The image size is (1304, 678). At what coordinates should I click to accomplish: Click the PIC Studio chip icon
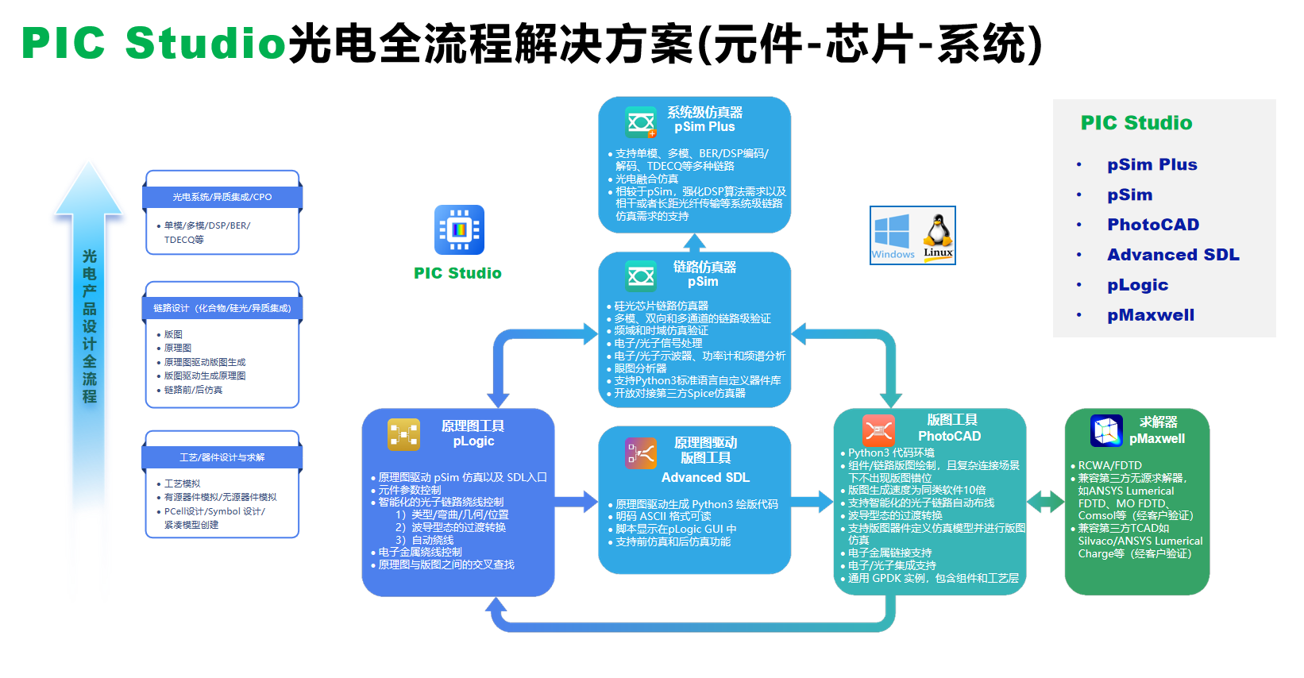coord(459,230)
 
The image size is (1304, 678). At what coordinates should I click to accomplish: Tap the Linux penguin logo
coord(938,233)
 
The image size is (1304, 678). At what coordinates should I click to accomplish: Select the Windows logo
coord(892,231)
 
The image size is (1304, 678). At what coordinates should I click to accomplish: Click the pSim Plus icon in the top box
coord(641,122)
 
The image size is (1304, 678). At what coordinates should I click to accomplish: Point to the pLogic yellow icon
coord(403,434)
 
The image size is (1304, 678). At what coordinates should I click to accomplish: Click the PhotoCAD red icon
coord(878,430)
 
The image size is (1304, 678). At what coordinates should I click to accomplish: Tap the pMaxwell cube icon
coord(1106,430)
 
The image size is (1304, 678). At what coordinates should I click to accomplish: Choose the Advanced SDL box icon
coord(641,453)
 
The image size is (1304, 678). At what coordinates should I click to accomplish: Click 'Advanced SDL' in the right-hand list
coord(1173,255)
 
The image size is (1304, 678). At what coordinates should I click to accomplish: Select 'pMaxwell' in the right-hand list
coord(1151,315)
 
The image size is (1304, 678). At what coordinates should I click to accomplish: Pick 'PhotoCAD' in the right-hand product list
coord(1153,225)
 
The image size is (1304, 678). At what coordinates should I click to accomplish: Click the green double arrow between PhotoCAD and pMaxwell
coord(1045,502)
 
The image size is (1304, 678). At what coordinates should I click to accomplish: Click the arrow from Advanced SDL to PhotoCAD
coord(812,501)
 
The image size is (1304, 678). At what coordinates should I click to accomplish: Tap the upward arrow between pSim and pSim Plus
coord(695,242)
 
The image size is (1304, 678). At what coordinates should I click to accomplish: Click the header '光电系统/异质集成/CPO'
coord(222,197)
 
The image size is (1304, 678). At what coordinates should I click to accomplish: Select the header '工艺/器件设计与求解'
coord(222,457)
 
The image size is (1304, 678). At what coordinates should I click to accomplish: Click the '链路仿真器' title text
coord(704,267)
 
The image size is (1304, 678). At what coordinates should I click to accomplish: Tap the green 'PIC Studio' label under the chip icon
coord(457,273)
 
